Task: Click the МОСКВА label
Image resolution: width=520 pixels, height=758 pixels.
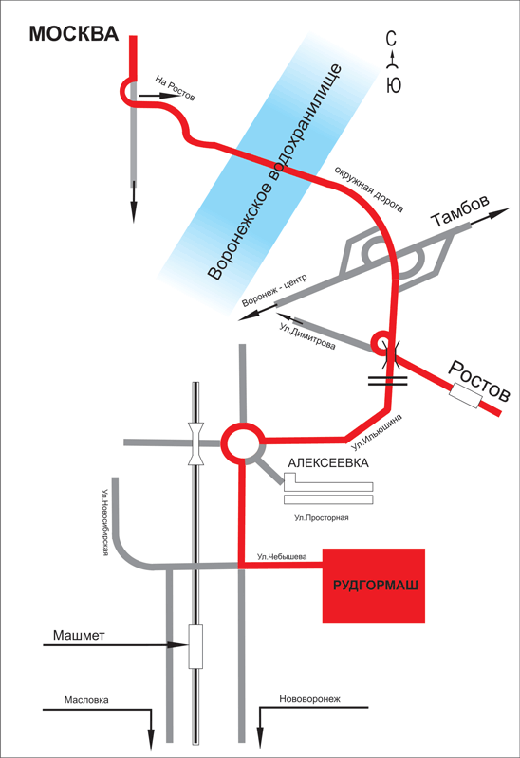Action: (74, 34)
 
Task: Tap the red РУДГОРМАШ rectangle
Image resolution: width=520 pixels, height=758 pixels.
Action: (374, 586)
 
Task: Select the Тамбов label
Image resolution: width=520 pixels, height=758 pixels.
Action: (460, 211)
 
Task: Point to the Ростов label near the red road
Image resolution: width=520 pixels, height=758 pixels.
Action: (479, 382)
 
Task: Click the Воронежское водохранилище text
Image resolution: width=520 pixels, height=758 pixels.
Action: (275, 172)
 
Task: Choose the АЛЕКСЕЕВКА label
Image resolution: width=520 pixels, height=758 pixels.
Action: (328, 463)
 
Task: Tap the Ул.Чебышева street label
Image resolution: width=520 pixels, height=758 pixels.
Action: (282, 556)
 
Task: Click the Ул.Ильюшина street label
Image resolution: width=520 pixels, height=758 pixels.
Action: (377, 432)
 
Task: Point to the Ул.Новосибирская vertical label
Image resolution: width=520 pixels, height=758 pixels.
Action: (104, 523)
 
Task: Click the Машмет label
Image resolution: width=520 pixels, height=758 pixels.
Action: (79, 635)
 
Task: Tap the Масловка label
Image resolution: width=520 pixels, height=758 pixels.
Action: (86, 700)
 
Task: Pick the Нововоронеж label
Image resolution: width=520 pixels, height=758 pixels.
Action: (310, 699)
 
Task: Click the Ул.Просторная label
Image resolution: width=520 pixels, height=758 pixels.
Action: (322, 518)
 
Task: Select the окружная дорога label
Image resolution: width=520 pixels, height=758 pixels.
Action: (369, 189)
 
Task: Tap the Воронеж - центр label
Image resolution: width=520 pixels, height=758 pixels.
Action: (274, 291)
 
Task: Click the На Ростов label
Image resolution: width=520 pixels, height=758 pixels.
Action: (176, 88)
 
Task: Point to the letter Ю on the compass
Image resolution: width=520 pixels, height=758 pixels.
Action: (394, 85)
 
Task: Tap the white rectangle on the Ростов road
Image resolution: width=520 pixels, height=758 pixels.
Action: (465, 395)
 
